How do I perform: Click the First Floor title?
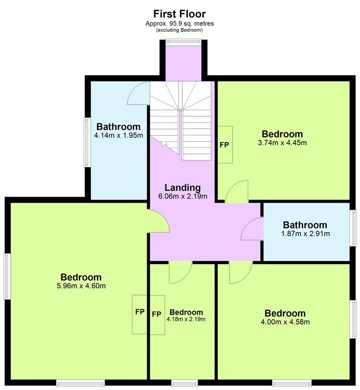coord(180,14)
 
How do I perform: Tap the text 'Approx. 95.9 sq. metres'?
coord(180,24)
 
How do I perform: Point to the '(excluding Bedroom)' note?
coord(179,30)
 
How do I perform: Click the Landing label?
coord(183,188)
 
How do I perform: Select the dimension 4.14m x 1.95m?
coord(119,136)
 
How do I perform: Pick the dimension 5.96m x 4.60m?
coord(81,286)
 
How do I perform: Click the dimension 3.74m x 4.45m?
coord(282,143)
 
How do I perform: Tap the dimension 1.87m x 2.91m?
coord(306,234)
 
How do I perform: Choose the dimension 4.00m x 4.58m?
coord(285,322)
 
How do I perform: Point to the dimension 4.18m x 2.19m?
coord(186,319)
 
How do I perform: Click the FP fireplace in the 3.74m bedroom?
coord(225,145)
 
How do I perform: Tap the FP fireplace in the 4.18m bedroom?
coord(157,315)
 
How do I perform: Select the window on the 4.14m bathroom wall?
coord(87,142)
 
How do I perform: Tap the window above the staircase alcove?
coord(183,41)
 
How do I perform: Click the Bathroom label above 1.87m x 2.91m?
coord(305,225)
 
